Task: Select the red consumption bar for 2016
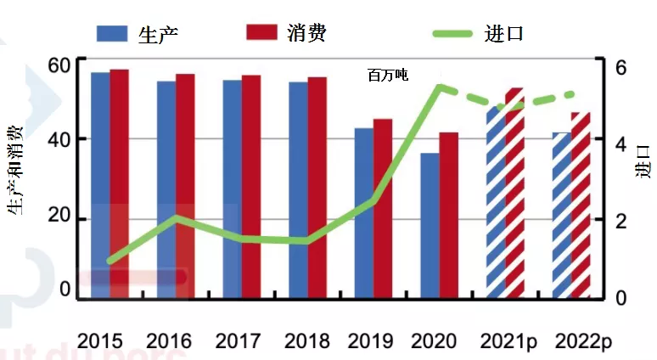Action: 185,186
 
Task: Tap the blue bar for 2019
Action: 363,212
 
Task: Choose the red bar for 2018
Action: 317,187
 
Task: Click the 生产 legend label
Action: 158,33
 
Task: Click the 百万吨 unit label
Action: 387,76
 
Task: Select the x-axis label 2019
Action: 370,341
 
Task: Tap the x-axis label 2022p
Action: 583,341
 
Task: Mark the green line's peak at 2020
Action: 440,86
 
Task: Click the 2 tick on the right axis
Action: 620,221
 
